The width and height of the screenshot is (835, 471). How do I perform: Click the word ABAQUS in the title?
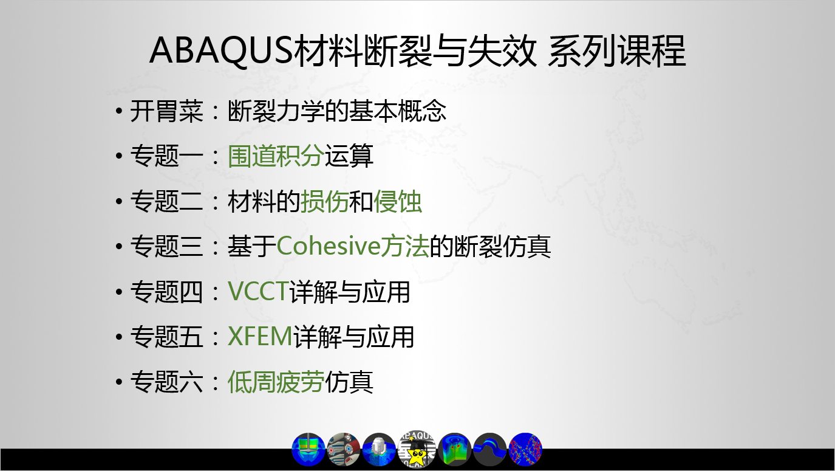point(222,50)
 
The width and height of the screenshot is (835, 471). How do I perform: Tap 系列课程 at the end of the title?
point(616,50)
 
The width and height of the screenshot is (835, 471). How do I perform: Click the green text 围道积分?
point(276,156)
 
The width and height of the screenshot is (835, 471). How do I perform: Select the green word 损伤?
point(324,201)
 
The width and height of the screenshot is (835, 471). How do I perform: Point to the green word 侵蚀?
point(397,201)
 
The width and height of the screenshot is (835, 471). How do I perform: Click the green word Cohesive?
point(329,247)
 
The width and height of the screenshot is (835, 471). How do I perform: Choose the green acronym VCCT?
point(258,291)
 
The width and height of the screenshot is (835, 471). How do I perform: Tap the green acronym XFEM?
point(260,336)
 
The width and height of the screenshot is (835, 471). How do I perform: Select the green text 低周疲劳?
point(276,382)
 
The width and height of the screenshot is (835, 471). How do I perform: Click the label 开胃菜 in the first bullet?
point(166,111)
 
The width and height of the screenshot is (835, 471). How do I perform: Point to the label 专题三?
point(166,247)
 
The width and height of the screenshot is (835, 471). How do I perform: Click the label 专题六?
point(166,382)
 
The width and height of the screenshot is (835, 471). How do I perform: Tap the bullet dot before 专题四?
point(119,292)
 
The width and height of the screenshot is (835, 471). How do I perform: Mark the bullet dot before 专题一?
point(119,156)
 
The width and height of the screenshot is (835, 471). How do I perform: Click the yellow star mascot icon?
point(417,449)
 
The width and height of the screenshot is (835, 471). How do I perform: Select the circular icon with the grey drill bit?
point(379,450)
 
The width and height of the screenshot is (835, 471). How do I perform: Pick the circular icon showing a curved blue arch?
point(490,450)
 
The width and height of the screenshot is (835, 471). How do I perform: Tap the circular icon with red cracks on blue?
point(525,450)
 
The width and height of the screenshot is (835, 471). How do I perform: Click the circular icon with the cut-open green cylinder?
point(454,450)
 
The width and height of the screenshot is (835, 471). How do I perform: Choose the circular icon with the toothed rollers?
point(343,450)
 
